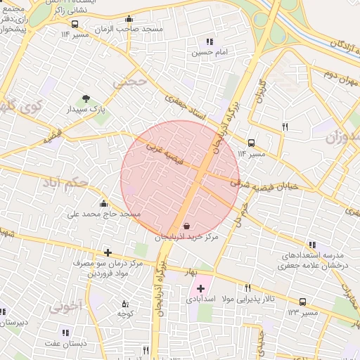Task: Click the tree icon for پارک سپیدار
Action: pyautogui.click(x=86, y=98)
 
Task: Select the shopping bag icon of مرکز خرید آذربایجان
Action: pyautogui.click(x=186, y=226)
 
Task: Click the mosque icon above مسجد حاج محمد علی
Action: pyautogui.click(x=103, y=202)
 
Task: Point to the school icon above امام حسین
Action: pyautogui.click(x=210, y=41)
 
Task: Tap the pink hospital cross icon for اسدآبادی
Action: pyautogui.click(x=200, y=288)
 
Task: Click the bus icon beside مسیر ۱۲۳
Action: pyautogui.click(x=302, y=302)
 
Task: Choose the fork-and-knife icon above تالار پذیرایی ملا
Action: pyautogui.click(x=247, y=288)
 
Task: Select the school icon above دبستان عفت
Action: pyautogui.click(x=65, y=333)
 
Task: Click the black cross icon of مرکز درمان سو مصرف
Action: pyautogui.click(x=107, y=252)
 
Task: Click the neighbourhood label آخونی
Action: pyautogui.click(x=66, y=307)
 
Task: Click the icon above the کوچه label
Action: pyautogui.click(x=125, y=304)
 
